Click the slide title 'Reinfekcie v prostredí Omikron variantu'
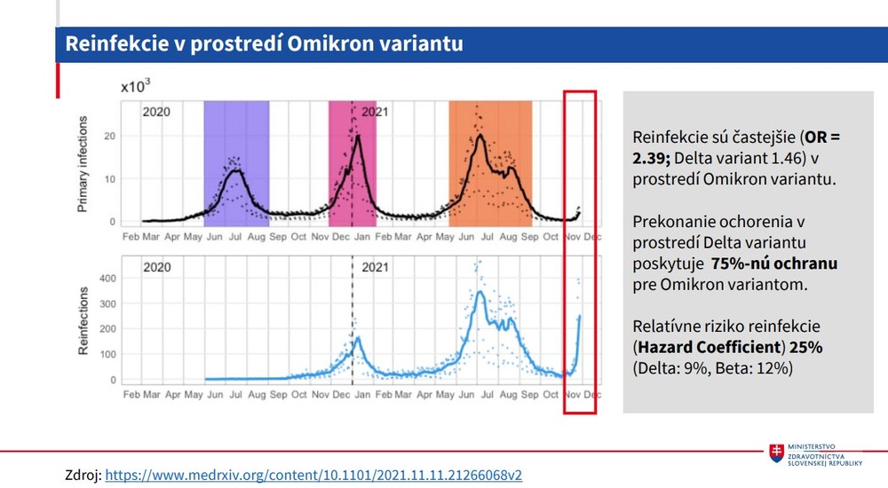pos(265,43)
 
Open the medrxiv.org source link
pos(313,476)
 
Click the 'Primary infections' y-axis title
pos(83,168)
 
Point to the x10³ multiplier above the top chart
pos(136,86)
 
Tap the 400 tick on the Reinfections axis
pos(106,278)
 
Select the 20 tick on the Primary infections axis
pos(109,136)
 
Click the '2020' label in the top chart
pos(156,113)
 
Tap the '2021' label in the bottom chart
pos(375,267)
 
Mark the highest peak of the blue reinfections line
pos(480,292)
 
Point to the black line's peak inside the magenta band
pos(358,136)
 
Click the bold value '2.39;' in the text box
pos(652,158)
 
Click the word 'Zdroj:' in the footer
pos(83,476)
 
